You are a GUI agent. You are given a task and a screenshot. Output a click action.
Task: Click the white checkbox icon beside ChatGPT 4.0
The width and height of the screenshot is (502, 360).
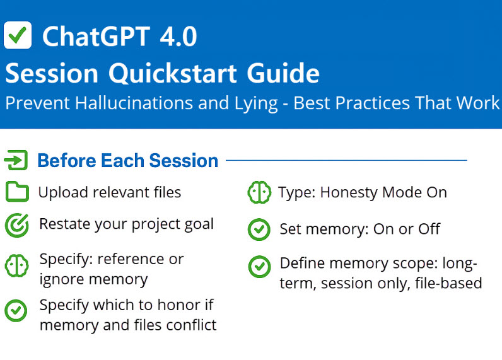[18, 35]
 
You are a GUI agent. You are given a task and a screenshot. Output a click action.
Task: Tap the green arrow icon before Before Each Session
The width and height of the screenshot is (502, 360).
[16, 161]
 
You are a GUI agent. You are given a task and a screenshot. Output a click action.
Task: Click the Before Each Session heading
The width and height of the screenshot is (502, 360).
[128, 161]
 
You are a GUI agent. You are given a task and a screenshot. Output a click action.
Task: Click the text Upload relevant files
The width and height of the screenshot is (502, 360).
[110, 192]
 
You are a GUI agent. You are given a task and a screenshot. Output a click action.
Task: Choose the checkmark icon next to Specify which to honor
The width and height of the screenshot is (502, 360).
[16, 310]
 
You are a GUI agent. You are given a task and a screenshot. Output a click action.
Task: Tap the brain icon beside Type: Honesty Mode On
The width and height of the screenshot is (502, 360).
[259, 192]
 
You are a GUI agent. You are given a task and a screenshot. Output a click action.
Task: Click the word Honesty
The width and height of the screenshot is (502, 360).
[349, 192]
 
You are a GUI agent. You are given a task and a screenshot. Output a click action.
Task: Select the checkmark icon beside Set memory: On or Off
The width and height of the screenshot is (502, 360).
[259, 229]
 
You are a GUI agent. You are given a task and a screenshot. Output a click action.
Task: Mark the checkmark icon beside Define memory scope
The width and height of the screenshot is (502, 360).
[259, 267]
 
